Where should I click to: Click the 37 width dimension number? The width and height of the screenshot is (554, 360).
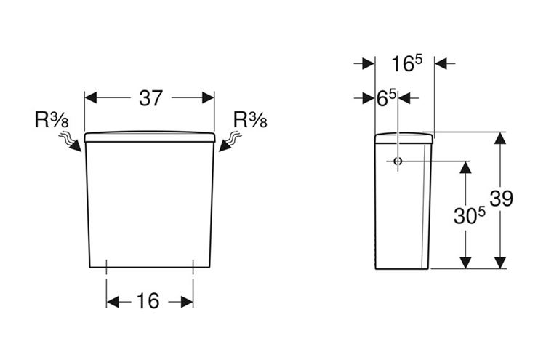coord(151,98)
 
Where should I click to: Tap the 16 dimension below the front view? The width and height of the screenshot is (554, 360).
coord(148,301)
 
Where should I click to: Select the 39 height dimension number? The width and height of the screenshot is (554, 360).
coord(502,199)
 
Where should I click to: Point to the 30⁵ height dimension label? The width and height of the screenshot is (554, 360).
coord(470,215)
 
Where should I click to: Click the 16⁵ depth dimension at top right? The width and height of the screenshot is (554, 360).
coord(406,63)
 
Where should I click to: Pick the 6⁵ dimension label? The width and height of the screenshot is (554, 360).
coord(387,99)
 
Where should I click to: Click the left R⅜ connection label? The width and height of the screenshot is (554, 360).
coord(52,119)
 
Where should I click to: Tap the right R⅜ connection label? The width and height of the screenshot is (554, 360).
coord(250,119)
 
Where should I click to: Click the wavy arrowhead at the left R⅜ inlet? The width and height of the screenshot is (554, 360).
coord(76,147)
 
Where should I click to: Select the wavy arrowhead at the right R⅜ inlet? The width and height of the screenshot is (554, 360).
coord(225,146)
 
